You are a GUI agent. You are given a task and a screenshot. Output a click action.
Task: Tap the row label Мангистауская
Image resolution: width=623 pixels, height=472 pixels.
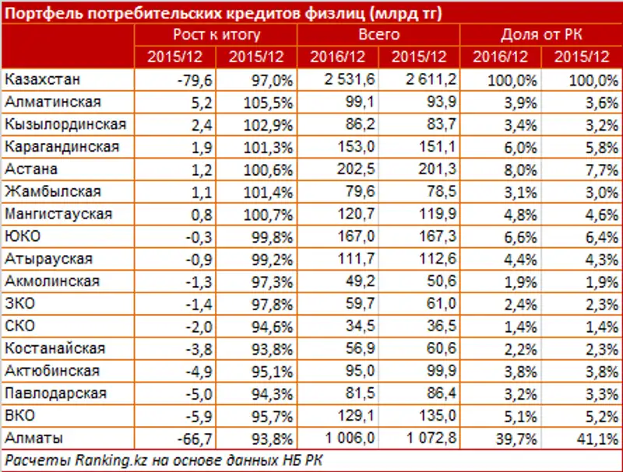[58, 214]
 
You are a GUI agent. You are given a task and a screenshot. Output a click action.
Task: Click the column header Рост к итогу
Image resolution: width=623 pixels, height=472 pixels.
[216, 35]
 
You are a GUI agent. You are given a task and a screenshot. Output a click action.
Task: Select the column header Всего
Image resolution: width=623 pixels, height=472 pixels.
[379, 35]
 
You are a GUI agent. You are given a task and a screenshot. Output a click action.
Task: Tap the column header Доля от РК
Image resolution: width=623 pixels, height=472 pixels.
[540, 35]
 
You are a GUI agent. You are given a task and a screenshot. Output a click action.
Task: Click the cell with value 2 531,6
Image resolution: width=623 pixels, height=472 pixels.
[337, 79]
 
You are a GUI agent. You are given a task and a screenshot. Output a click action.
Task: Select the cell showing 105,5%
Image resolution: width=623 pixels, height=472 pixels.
[257, 102]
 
